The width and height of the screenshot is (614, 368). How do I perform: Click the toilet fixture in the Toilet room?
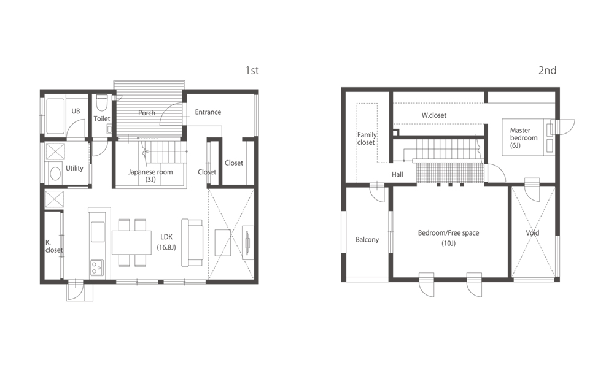[x=102, y=102]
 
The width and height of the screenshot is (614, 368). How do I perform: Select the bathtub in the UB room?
[x=55, y=116]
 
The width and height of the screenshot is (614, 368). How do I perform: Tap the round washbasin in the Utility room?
[x=55, y=174]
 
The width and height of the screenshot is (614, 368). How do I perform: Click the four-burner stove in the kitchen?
[x=98, y=267]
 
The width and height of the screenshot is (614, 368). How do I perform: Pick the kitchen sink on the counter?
[x=98, y=231]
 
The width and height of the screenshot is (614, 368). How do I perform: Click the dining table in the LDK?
[x=131, y=242]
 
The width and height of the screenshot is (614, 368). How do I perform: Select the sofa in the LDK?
[x=192, y=242]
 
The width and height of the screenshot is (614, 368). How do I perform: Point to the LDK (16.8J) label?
[x=166, y=242]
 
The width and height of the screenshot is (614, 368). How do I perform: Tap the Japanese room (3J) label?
[x=150, y=175]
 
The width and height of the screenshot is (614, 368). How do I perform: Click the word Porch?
[x=147, y=113]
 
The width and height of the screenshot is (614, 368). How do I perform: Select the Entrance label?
[x=208, y=112]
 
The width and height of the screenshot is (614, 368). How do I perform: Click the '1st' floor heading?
[x=252, y=71]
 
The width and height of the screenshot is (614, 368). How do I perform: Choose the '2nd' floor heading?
[x=548, y=71]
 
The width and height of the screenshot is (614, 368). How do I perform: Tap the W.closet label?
[x=434, y=115]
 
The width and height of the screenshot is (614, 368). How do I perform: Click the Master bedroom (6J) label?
[x=524, y=137]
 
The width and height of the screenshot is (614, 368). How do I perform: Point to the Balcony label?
[x=367, y=240]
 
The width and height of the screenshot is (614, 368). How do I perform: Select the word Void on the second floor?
[x=532, y=232]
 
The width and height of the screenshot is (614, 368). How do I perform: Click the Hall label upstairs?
[x=397, y=174]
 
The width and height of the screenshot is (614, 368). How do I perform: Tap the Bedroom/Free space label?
[x=448, y=233]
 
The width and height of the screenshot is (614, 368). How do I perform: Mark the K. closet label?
[x=54, y=247]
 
